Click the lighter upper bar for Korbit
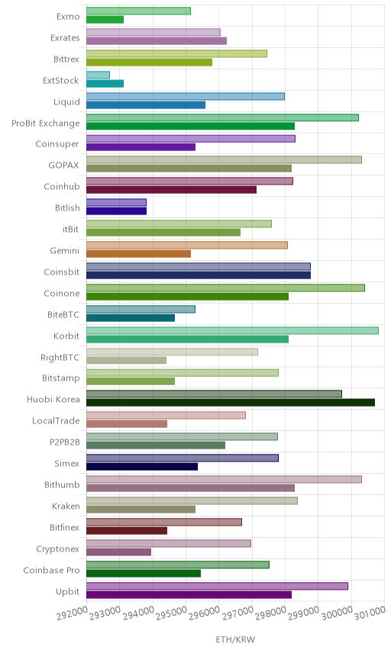pyautogui.click(x=232, y=330)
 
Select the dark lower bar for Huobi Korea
pyautogui.click(x=231, y=402)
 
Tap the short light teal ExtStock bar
pyautogui.click(x=98, y=75)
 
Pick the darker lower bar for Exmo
pyautogui.click(x=105, y=20)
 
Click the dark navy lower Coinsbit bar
pyautogui.click(x=199, y=275)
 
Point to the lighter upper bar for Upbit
pyautogui.click(x=217, y=587)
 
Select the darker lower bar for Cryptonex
pyautogui.click(x=119, y=552)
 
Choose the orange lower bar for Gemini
pyautogui.click(x=138, y=254)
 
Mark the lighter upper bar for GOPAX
pyautogui.click(x=224, y=159)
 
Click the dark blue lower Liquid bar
pyautogui.click(x=146, y=105)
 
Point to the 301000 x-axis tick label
pyautogui.click(x=370, y=613)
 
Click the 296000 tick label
pyautogui.click(x=204, y=613)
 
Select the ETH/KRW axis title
pyautogui.click(x=235, y=640)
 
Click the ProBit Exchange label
pyautogui.click(x=45, y=124)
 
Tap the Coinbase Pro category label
pyautogui.click(x=51, y=570)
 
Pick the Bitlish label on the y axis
pyautogui.click(x=67, y=207)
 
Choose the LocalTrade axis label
pyautogui.click(x=56, y=420)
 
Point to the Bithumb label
pyautogui.click(x=62, y=484)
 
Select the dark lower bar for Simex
pyautogui.click(x=142, y=466)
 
